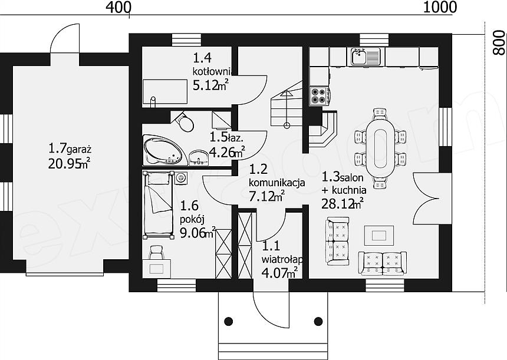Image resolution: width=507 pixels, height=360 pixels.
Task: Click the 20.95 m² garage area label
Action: (x=69, y=164)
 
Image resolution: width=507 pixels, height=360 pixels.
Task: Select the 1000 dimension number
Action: (x=440, y=7)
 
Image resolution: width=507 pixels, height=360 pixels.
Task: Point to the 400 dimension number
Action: (x=118, y=7)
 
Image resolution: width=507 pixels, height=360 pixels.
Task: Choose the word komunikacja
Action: (x=276, y=183)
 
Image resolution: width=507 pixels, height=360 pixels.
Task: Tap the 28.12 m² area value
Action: (x=342, y=204)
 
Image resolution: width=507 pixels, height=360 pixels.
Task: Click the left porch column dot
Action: (x=229, y=321)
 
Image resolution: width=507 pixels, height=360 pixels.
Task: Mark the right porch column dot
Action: (x=318, y=321)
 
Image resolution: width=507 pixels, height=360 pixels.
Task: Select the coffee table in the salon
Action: (x=379, y=235)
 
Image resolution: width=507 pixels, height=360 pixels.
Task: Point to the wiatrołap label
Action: (x=282, y=259)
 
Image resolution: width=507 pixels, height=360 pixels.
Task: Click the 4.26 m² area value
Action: (x=226, y=152)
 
